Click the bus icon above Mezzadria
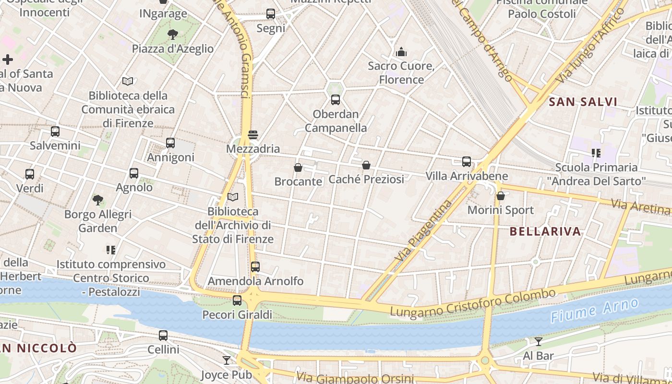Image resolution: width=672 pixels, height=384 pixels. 253,135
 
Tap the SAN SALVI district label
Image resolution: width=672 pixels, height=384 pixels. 583,102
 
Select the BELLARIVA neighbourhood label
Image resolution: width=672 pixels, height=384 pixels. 545,231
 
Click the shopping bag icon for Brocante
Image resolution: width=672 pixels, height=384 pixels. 298,168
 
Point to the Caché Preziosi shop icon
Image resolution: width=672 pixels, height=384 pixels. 366,165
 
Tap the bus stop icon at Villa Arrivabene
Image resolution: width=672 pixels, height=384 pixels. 467,162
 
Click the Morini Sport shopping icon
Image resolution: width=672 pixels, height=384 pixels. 501,196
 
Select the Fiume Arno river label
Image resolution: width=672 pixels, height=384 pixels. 595,310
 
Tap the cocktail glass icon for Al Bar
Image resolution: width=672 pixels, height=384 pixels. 539,341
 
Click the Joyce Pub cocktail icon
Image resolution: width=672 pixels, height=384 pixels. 227,360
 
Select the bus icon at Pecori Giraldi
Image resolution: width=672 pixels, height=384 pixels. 237,300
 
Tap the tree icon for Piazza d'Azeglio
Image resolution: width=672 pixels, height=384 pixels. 172,34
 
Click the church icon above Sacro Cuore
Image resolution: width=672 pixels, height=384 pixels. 401,52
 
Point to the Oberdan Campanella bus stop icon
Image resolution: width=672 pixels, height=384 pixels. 336,100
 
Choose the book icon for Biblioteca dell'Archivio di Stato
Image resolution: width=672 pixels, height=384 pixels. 233,197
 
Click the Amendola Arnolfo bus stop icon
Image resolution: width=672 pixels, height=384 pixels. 255,266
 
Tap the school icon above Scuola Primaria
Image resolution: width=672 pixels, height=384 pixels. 596,153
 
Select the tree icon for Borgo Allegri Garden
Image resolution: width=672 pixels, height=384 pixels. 98,200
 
